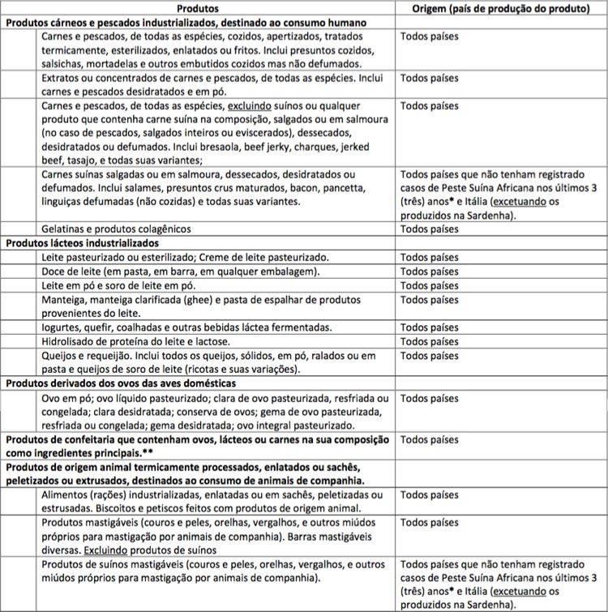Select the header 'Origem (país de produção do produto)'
499,7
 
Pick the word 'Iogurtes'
63,327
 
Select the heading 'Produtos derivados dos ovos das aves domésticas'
121,383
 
